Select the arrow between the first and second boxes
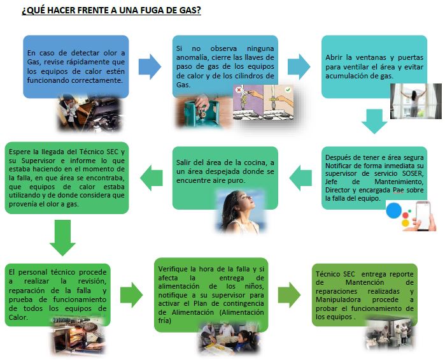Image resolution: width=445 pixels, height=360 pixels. click(150, 67)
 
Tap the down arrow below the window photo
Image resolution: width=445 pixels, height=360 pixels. click(374, 121)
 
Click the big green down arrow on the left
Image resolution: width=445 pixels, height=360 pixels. click(62, 238)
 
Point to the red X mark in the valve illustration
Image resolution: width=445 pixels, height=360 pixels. click(239, 90)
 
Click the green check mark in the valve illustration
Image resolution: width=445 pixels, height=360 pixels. click(288, 90)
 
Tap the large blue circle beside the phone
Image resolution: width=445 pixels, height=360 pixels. click(393, 210)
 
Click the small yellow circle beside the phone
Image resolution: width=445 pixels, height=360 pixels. click(406, 223)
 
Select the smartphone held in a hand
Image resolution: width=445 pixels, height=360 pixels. click(423, 216)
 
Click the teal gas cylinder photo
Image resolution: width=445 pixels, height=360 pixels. click(198, 112)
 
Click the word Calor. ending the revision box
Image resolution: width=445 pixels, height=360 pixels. click(18, 317)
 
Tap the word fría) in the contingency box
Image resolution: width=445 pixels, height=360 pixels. click(165, 320)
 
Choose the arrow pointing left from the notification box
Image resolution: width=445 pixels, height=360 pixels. click(300, 178)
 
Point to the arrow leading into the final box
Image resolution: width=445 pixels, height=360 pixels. click(289, 295)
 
